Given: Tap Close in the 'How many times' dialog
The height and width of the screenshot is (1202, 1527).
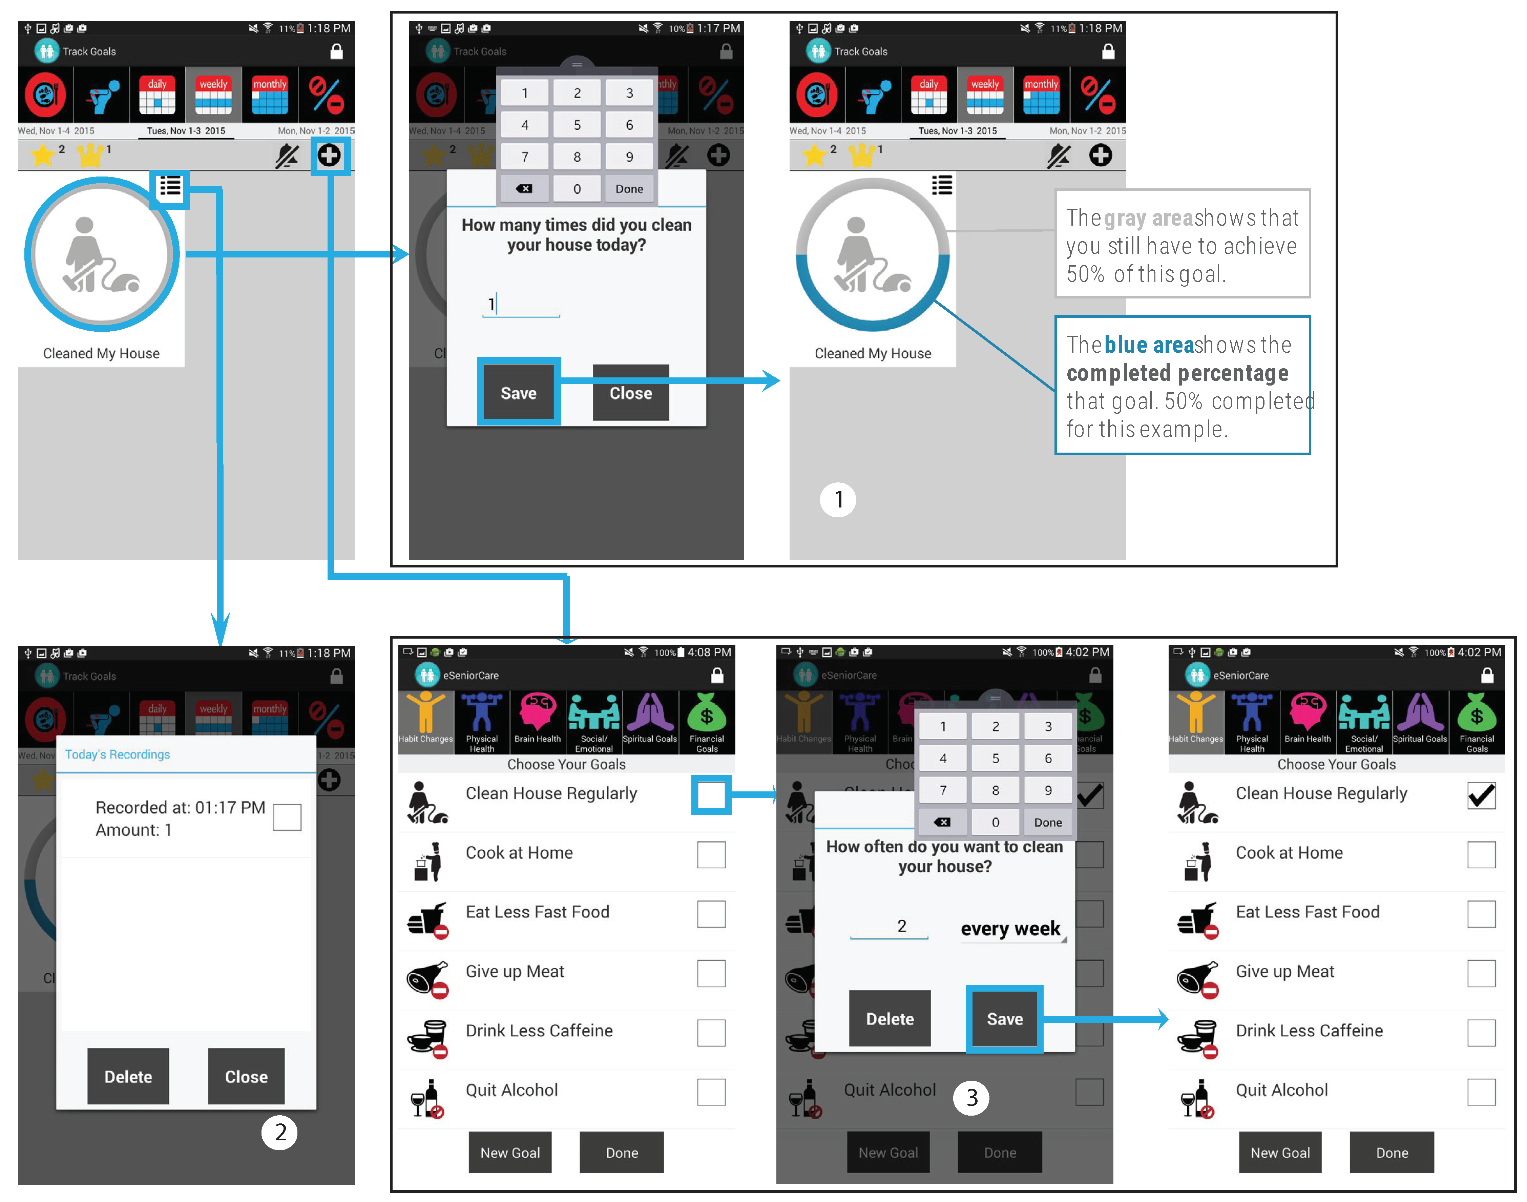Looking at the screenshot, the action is pos(630,393).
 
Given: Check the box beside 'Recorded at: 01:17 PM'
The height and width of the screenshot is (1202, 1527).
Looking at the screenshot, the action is pos(287,817).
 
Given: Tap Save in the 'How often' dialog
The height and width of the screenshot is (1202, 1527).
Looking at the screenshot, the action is pos(1004,1018).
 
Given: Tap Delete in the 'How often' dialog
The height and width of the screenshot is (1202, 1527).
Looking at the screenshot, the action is pos(890,1018).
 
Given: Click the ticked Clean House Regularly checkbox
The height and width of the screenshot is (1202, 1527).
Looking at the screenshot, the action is pos(1481,795).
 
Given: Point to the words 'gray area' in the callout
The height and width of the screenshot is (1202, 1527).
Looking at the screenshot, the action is pos(1148,218).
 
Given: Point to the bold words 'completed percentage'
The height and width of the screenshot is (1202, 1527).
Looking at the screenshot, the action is pos(1177,373).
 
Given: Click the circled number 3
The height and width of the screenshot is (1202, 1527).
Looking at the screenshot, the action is pos(971,1097).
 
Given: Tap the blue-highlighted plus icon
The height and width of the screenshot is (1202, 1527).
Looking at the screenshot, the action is pos(329,155).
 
